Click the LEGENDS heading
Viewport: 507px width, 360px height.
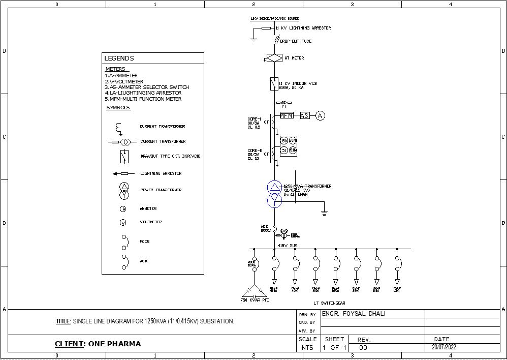pyautogui.click(x=119, y=58)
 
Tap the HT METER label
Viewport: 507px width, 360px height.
pyautogui.click(x=294, y=58)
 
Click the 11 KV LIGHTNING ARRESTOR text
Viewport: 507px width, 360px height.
pyautogui.click(x=303, y=28)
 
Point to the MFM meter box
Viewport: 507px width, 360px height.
pyautogui.click(x=287, y=116)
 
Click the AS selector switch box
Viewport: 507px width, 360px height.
pyautogui.click(x=304, y=116)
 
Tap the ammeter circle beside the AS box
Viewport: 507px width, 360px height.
pyautogui.click(x=320, y=116)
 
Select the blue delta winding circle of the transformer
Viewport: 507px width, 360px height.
pyautogui.click(x=274, y=188)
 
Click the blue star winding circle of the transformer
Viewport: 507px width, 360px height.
pyautogui.click(x=274, y=201)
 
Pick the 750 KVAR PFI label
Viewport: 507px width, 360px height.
pyautogui.click(x=255, y=300)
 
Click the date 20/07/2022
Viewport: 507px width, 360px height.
pyautogui.click(x=444, y=347)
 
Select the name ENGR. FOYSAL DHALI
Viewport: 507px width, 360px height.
pyautogui.click(x=354, y=314)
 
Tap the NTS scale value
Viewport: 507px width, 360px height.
pyautogui.click(x=307, y=348)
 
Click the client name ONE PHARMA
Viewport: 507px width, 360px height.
pyautogui.click(x=115, y=344)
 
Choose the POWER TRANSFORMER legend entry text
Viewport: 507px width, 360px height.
pyautogui.click(x=161, y=190)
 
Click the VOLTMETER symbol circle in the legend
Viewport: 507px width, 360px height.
pyautogui.click(x=123, y=223)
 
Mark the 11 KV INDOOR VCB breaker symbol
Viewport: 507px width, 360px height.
pyautogui.click(x=274, y=83)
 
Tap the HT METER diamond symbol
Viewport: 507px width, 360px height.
pyautogui.click(x=274, y=58)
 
